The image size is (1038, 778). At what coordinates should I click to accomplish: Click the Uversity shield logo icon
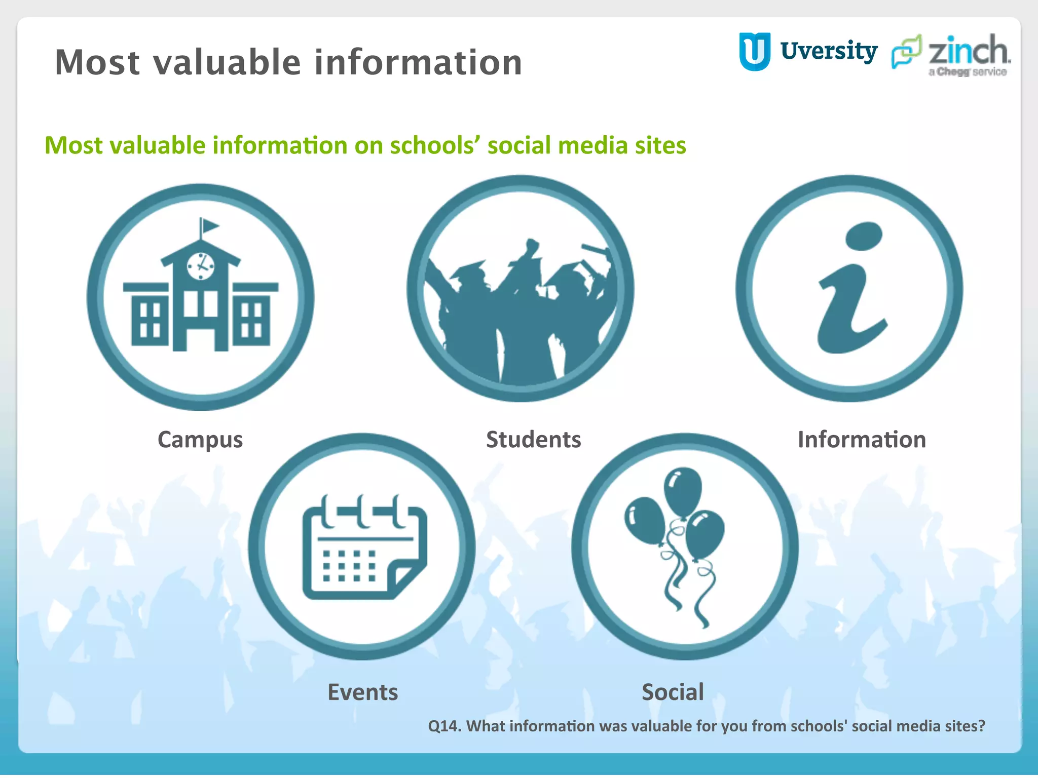[755, 51]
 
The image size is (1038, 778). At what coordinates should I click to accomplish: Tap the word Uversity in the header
[829, 51]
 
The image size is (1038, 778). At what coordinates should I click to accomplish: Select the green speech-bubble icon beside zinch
[907, 51]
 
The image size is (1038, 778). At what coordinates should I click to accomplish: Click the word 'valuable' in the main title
[228, 62]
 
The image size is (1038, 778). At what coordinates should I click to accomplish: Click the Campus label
[200, 440]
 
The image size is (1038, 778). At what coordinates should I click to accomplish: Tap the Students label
[533, 439]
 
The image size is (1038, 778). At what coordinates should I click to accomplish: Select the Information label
[862, 439]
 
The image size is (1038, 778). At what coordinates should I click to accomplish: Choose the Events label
[363, 692]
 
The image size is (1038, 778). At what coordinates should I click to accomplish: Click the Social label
[673, 692]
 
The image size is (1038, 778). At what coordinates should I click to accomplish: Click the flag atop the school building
[208, 225]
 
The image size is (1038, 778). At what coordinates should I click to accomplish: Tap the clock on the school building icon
[201, 265]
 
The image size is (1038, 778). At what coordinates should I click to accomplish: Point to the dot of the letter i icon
[864, 236]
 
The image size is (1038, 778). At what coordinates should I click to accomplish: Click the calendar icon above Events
[364, 548]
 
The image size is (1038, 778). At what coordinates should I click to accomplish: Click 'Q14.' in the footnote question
[444, 726]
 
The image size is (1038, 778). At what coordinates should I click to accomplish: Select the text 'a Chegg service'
[968, 72]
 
